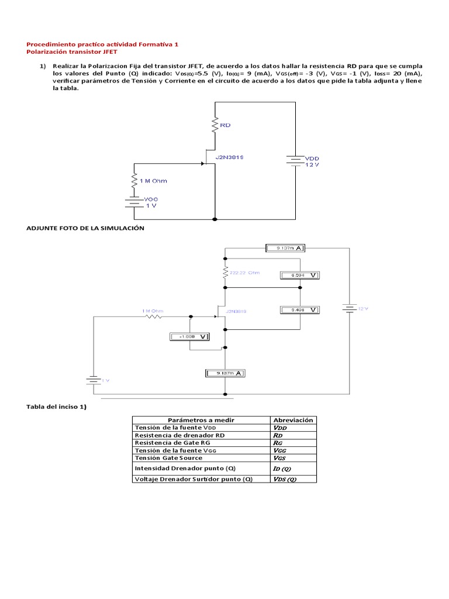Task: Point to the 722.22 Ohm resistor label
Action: pos(244,273)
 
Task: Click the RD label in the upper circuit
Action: pos(226,125)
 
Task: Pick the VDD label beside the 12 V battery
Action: pos(313,158)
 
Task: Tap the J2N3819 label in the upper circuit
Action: pos(230,158)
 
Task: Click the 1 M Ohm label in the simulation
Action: pos(153,310)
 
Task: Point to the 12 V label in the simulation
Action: pos(363,308)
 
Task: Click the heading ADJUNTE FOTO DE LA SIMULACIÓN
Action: pos(85,228)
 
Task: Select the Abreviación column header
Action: pos(293,420)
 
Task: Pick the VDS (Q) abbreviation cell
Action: pos(285,479)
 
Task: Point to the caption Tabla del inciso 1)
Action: pos(56,407)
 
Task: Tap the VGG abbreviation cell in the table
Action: pos(281,450)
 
